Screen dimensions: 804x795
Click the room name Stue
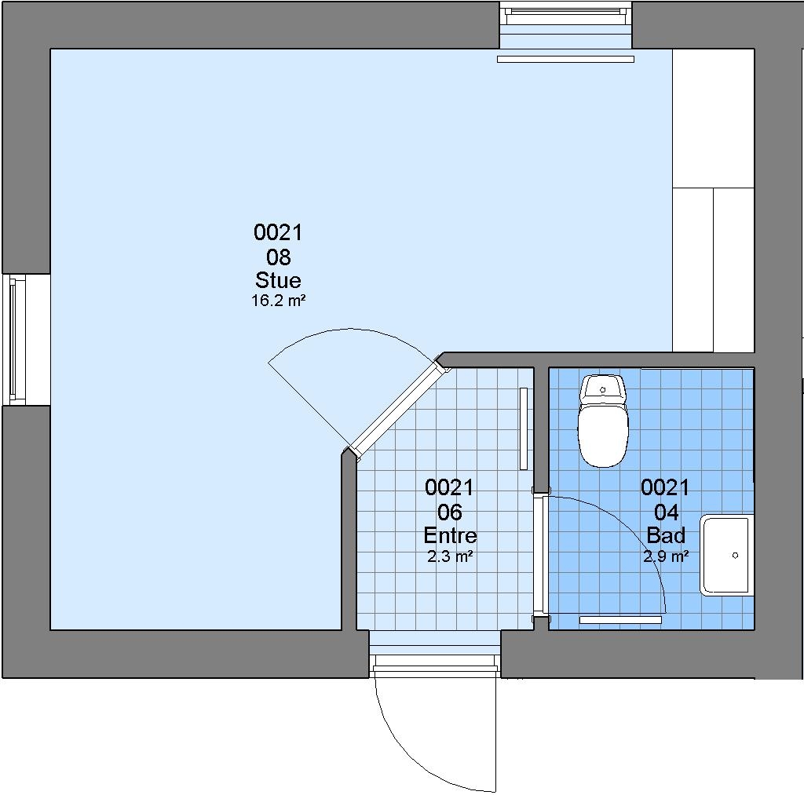(278, 280)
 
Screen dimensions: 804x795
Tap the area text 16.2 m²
(278, 301)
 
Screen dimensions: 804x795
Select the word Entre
(450, 536)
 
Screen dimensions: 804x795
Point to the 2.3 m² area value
(450, 556)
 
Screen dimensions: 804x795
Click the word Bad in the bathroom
(666, 535)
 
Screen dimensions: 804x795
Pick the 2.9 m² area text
(666, 556)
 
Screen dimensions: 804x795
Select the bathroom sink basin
(727, 555)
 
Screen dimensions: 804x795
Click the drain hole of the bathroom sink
(735, 555)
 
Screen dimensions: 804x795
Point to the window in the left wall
(14, 339)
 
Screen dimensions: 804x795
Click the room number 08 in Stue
(279, 257)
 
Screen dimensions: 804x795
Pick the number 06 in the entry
(450, 512)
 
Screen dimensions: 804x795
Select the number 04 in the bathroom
(666, 512)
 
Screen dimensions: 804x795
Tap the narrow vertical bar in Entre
(524, 428)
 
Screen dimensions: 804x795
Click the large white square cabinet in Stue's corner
(713, 119)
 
